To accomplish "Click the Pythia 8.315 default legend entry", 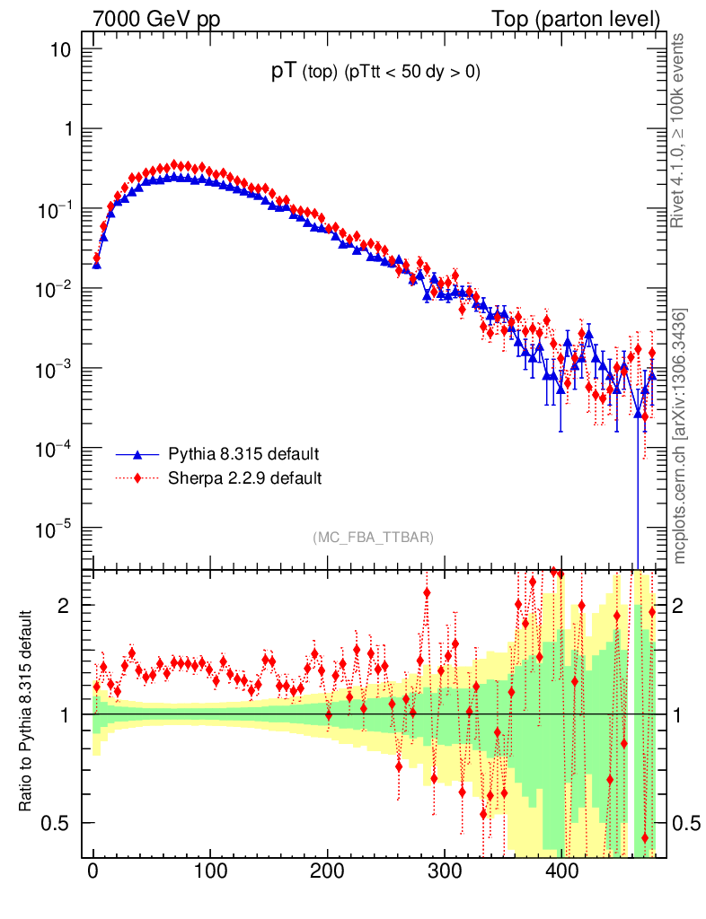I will pyautogui.click(x=243, y=453).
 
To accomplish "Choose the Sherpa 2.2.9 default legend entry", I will pyautogui.click(x=244, y=477).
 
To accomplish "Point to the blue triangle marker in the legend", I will pyautogui.click(x=137, y=453).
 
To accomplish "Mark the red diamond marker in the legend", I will pyautogui.click(x=137, y=477).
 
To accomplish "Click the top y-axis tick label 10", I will pyautogui.click(x=60, y=49).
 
